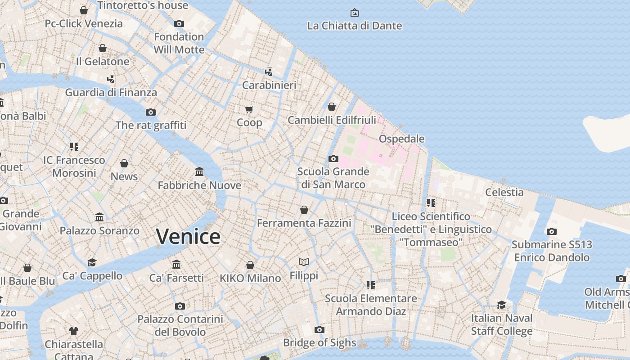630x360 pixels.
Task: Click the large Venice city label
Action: coord(189,237)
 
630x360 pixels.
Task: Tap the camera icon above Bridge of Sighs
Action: coord(319,329)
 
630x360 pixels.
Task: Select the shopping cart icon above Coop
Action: coord(249,109)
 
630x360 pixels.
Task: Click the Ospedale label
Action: coord(401,139)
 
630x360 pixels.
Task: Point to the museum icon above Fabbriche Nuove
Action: coord(199,172)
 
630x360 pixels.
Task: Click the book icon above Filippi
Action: coord(304,262)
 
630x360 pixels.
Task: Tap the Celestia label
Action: coord(504,192)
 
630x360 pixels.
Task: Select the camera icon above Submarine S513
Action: coord(552,231)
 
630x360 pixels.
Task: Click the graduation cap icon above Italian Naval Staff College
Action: coord(501,305)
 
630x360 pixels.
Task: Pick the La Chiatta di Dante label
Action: coord(355,26)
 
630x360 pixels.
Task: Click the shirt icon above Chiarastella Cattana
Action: coord(74,331)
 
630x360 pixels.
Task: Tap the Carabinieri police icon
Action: coord(269,72)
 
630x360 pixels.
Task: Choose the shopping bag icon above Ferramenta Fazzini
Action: coord(304,210)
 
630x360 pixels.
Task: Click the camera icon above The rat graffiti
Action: coord(151,112)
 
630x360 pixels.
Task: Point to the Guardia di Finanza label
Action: coord(111,93)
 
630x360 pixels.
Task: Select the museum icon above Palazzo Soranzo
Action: coord(99,217)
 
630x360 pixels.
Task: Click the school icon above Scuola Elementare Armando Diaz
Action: coord(371,285)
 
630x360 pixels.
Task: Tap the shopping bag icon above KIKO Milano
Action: coord(250,265)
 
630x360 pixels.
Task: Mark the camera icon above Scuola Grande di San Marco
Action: coord(333,158)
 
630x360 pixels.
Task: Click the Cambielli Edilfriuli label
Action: coord(332,120)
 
